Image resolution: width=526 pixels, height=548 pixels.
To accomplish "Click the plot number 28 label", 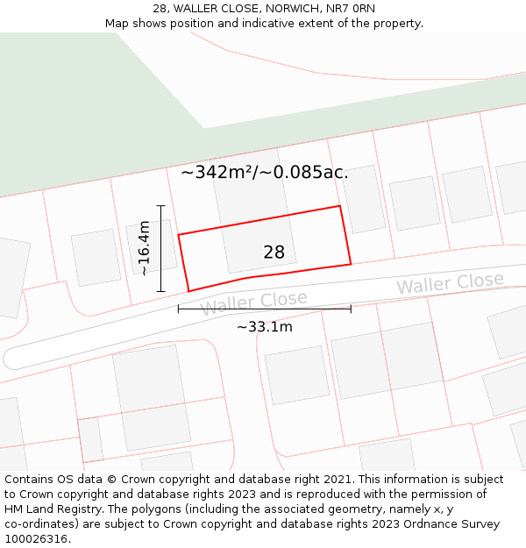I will (274, 253).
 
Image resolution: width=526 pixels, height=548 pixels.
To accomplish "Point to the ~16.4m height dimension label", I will (144, 248).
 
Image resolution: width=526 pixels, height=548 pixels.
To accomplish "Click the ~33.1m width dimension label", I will (265, 327).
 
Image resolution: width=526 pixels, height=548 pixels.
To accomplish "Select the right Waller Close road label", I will (450, 284).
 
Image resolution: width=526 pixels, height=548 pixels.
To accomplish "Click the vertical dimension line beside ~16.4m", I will (161, 248).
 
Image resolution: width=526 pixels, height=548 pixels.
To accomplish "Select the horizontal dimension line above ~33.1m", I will (265, 309).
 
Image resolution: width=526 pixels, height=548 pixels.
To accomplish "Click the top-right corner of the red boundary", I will (339, 206).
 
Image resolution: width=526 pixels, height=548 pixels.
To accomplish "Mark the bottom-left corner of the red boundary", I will (188, 291).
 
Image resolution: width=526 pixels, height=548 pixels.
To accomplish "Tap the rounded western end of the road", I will (11, 358).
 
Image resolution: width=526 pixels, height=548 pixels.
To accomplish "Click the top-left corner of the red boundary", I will (179, 235).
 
